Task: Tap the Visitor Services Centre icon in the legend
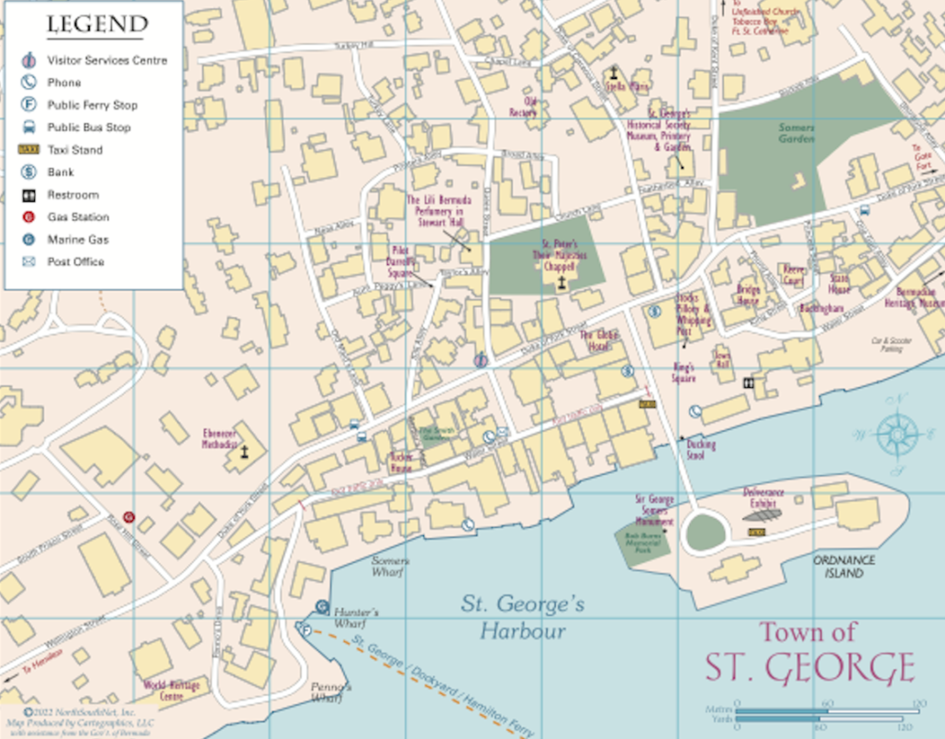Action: click(29, 61)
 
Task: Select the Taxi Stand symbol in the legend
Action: click(29, 149)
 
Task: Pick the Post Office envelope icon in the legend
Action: click(29, 262)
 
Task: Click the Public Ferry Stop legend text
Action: click(92, 105)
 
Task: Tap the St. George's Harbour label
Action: click(522, 617)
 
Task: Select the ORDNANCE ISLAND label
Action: click(844, 567)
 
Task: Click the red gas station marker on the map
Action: click(129, 517)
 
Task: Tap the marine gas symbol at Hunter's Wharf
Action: click(322, 606)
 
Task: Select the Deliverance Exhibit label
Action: click(762, 498)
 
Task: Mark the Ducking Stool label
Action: click(701, 449)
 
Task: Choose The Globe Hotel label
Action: click(598, 341)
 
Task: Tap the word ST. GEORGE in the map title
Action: click(809, 668)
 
